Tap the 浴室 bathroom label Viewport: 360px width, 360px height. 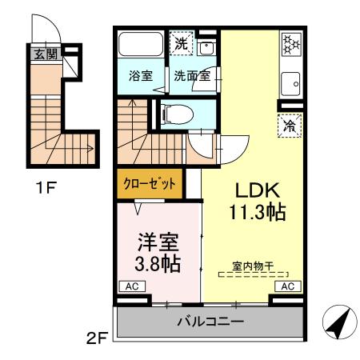(x=142, y=78)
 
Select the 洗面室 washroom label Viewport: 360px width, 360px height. (x=191, y=78)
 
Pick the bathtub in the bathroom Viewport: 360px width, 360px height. (x=140, y=46)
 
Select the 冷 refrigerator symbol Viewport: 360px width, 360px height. (x=290, y=125)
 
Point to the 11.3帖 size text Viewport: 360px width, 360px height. (x=255, y=214)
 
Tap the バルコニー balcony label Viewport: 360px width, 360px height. (x=210, y=322)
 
